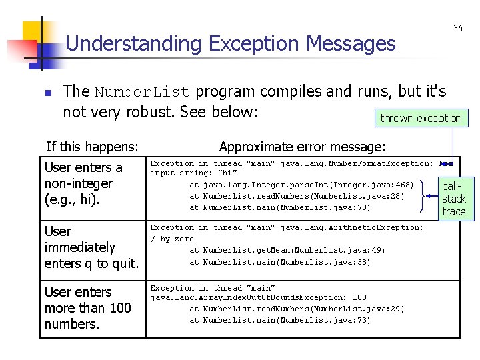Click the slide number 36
[x=458, y=28]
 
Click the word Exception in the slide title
[x=254, y=44]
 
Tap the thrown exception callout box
[x=421, y=118]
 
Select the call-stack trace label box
[x=454, y=199]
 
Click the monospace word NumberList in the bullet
[x=142, y=92]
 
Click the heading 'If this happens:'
[x=92, y=147]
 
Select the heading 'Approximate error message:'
[x=302, y=147]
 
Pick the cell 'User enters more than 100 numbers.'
[x=87, y=307]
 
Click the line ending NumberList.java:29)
[x=297, y=309]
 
